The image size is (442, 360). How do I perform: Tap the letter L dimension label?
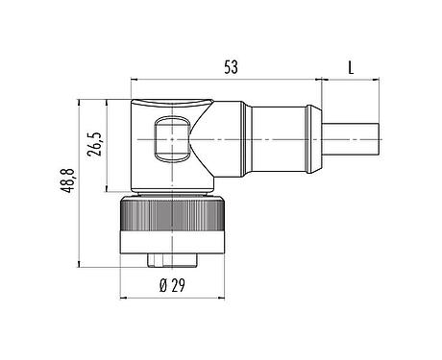coord(353,67)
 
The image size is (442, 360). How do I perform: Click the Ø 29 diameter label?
coord(175,284)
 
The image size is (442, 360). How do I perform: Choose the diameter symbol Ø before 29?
coord(162,284)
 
